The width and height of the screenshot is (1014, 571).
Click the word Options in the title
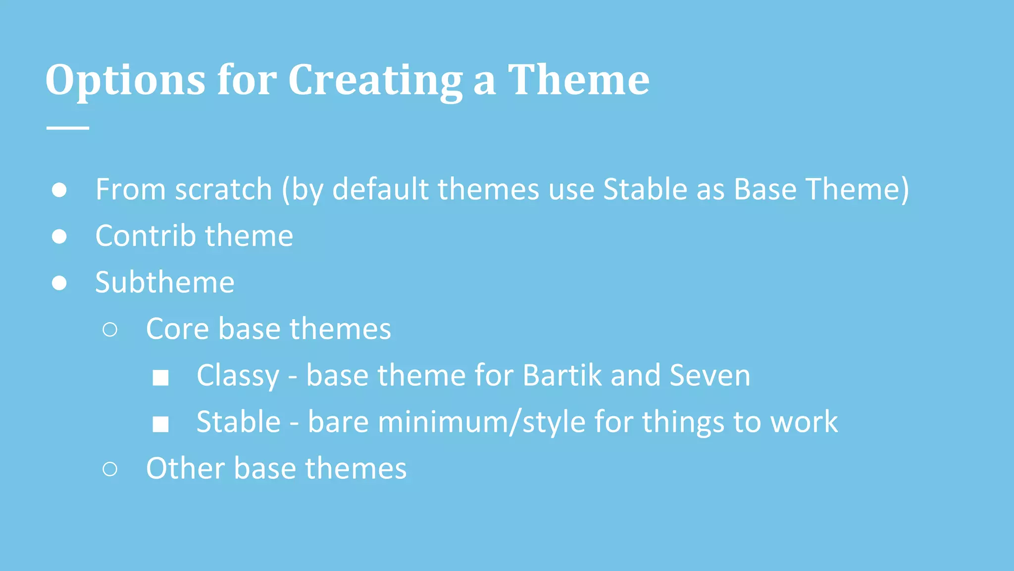pos(125,80)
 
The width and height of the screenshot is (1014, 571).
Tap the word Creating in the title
pos(375,80)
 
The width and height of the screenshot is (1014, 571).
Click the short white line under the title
pos(68,128)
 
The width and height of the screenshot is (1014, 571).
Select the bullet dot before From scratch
pos(59,190)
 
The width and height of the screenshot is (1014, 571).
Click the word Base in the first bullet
pos(765,190)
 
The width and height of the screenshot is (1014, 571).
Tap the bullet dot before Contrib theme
pos(59,236)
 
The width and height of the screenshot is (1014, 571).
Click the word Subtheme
pos(165,283)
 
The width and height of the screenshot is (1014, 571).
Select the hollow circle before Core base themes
pos(110,330)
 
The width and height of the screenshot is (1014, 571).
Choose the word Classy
pos(238,376)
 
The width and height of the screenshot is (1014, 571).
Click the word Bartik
pos(562,375)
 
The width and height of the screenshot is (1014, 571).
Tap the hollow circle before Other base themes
pos(110,469)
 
